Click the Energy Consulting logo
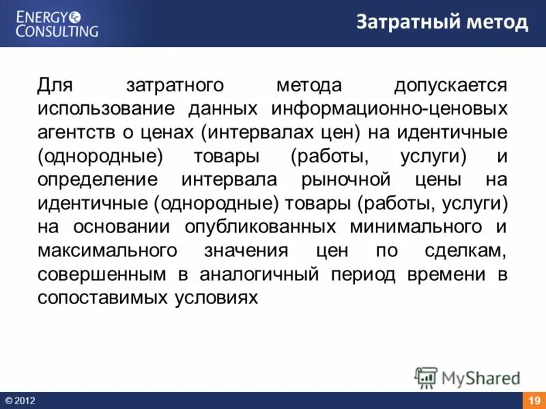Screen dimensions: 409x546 point(57,22)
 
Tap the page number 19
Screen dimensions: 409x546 point(534,400)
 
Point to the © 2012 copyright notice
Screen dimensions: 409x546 point(20,400)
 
